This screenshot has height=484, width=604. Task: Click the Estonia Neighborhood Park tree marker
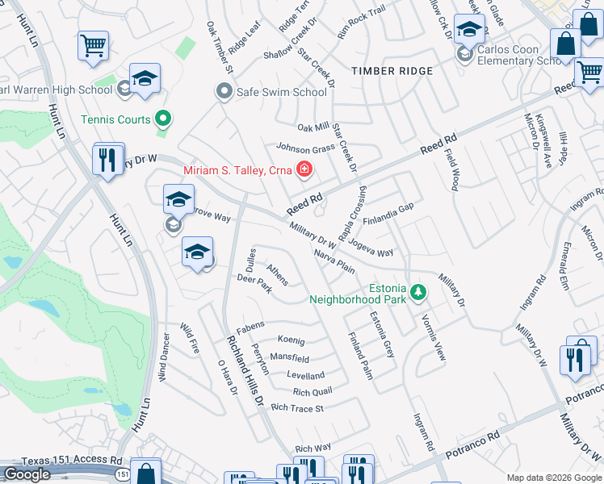[417, 292]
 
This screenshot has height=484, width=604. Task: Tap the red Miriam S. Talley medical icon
[304, 169]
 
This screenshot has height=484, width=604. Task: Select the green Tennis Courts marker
[163, 119]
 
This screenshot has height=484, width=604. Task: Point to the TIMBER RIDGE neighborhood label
[392, 71]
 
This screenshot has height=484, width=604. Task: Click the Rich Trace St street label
[297, 408]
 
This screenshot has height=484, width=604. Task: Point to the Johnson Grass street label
[305, 148]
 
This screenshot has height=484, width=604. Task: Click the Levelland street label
[305, 375]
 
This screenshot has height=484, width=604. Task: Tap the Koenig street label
[291, 340]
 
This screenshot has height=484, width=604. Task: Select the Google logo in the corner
[27, 474]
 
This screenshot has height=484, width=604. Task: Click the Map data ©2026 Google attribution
[554, 478]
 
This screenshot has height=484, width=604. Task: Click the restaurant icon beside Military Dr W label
[108, 159]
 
